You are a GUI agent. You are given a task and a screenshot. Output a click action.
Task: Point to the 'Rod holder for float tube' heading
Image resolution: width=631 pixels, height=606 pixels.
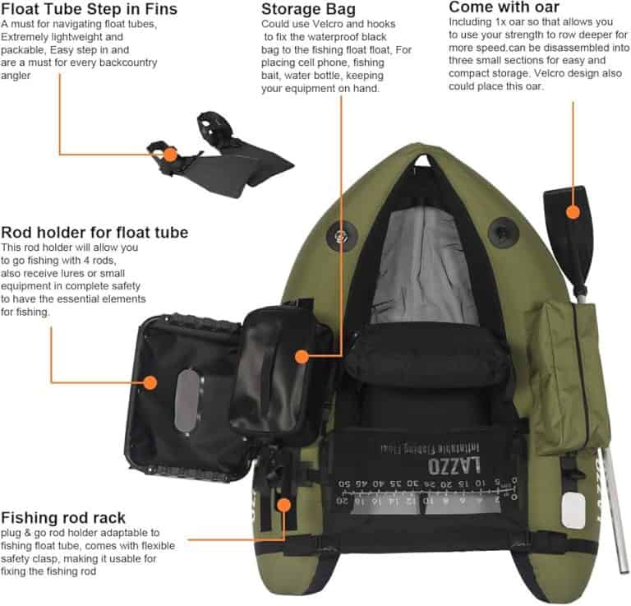tap(94, 232)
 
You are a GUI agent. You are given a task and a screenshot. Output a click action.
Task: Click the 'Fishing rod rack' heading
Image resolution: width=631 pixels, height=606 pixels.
tap(63, 517)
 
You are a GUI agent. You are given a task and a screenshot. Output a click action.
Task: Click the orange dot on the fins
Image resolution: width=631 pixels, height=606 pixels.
tap(169, 154)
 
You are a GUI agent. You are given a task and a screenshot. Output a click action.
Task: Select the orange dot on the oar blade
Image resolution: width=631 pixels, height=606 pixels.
tap(573, 213)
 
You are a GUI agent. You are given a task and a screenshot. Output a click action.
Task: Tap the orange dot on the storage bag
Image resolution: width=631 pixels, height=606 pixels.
tap(302, 356)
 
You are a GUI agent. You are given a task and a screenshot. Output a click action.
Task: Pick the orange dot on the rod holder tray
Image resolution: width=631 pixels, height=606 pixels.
tap(150, 382)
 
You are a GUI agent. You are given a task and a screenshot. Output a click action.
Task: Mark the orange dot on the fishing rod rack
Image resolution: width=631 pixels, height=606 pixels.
tap(284, 505)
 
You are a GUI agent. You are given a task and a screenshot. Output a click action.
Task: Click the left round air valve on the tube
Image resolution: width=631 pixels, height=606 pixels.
tap(339, 236)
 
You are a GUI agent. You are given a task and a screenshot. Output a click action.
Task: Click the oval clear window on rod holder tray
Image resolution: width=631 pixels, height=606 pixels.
tap(187, 400)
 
